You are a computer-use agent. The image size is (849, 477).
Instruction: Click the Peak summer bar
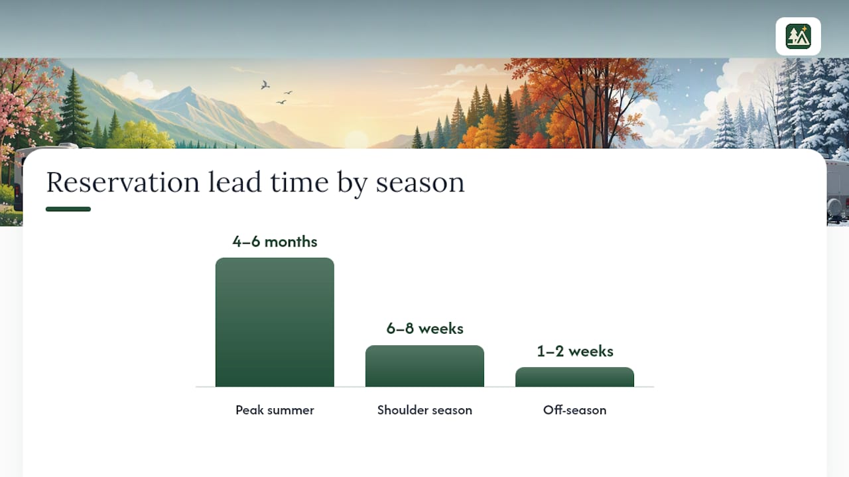coord(275,322)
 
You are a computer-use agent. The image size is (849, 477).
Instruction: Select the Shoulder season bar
coord(424,366)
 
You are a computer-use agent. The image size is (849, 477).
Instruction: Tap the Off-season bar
coord(574,377)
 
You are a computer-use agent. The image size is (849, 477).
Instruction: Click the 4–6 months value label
coord(275,242)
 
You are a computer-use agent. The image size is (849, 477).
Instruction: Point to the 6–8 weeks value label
coord(425,328)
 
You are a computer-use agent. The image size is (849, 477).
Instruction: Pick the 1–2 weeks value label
coord(575,351)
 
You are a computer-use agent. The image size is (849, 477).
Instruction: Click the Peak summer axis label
coord(275,410)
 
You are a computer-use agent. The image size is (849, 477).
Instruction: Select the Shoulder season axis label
coord(424,410)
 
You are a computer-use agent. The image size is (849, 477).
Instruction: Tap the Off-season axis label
coord(574,410)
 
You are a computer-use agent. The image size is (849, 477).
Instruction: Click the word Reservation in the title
coord(123,182)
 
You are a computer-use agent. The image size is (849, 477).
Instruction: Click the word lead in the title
coord(235,182)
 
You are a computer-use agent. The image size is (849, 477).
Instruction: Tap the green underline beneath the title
coord(68,209)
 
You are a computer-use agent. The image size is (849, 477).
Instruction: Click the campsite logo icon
coord(798,36)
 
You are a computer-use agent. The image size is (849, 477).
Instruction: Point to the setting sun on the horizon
coord(356,139)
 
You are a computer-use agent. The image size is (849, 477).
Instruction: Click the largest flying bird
coord(265,85)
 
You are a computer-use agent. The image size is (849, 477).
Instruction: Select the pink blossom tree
coord(27,102)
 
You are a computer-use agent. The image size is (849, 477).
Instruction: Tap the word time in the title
coord(299,182)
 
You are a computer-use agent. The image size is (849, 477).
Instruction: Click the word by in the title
coord(352,184)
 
